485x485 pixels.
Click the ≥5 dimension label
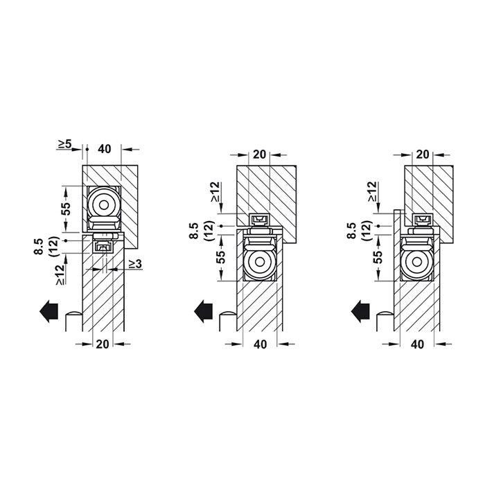(64, 144)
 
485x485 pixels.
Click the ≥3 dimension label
(135, 263)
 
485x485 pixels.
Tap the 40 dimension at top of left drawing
(104, 149)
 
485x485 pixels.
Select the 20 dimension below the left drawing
(103, 344)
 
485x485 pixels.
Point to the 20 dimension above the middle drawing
(259, 155)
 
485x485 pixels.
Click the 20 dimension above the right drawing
(423, 155)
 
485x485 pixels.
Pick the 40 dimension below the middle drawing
(260, 344)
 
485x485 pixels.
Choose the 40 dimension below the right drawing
(418, 344)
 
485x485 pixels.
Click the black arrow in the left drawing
(49, 311)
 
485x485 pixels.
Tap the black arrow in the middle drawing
(203, 311)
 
